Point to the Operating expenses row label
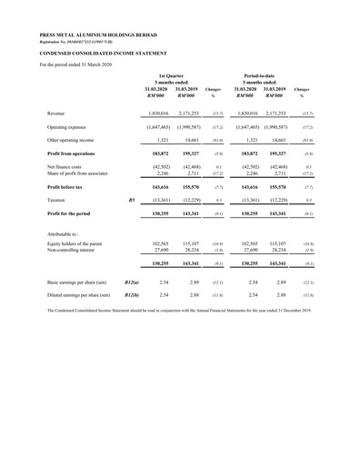(70, 129)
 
